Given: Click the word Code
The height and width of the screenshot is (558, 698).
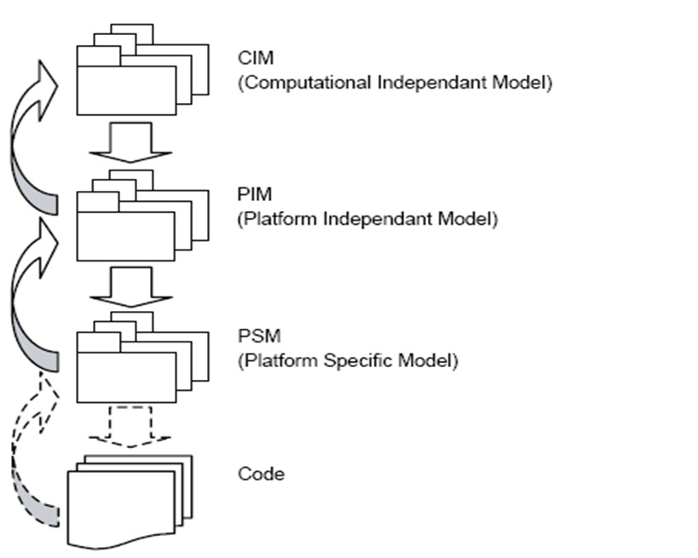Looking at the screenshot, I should [260, 473].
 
